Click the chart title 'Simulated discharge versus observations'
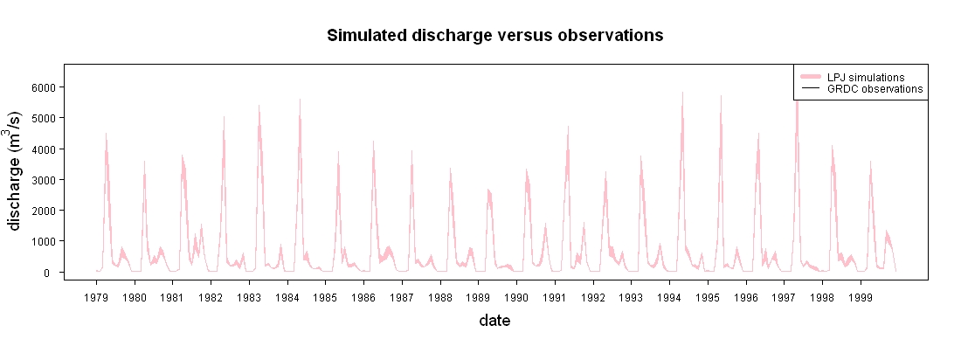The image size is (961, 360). pos(495,36)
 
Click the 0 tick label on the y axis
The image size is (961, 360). pos(53,273)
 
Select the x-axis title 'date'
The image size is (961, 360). pos(494,320)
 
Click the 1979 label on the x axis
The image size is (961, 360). pos(96,298)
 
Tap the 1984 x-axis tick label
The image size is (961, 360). pos(287,298)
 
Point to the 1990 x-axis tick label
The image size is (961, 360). pos(516,298)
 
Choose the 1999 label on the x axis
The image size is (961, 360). pos(861,298)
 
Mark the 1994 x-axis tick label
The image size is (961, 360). pos(669,298)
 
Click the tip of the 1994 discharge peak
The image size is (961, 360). pos(682,93)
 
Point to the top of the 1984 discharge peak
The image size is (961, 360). pos(300,99)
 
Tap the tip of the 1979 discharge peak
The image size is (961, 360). pos(106,133)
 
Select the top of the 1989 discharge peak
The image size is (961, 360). pos(488,190)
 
